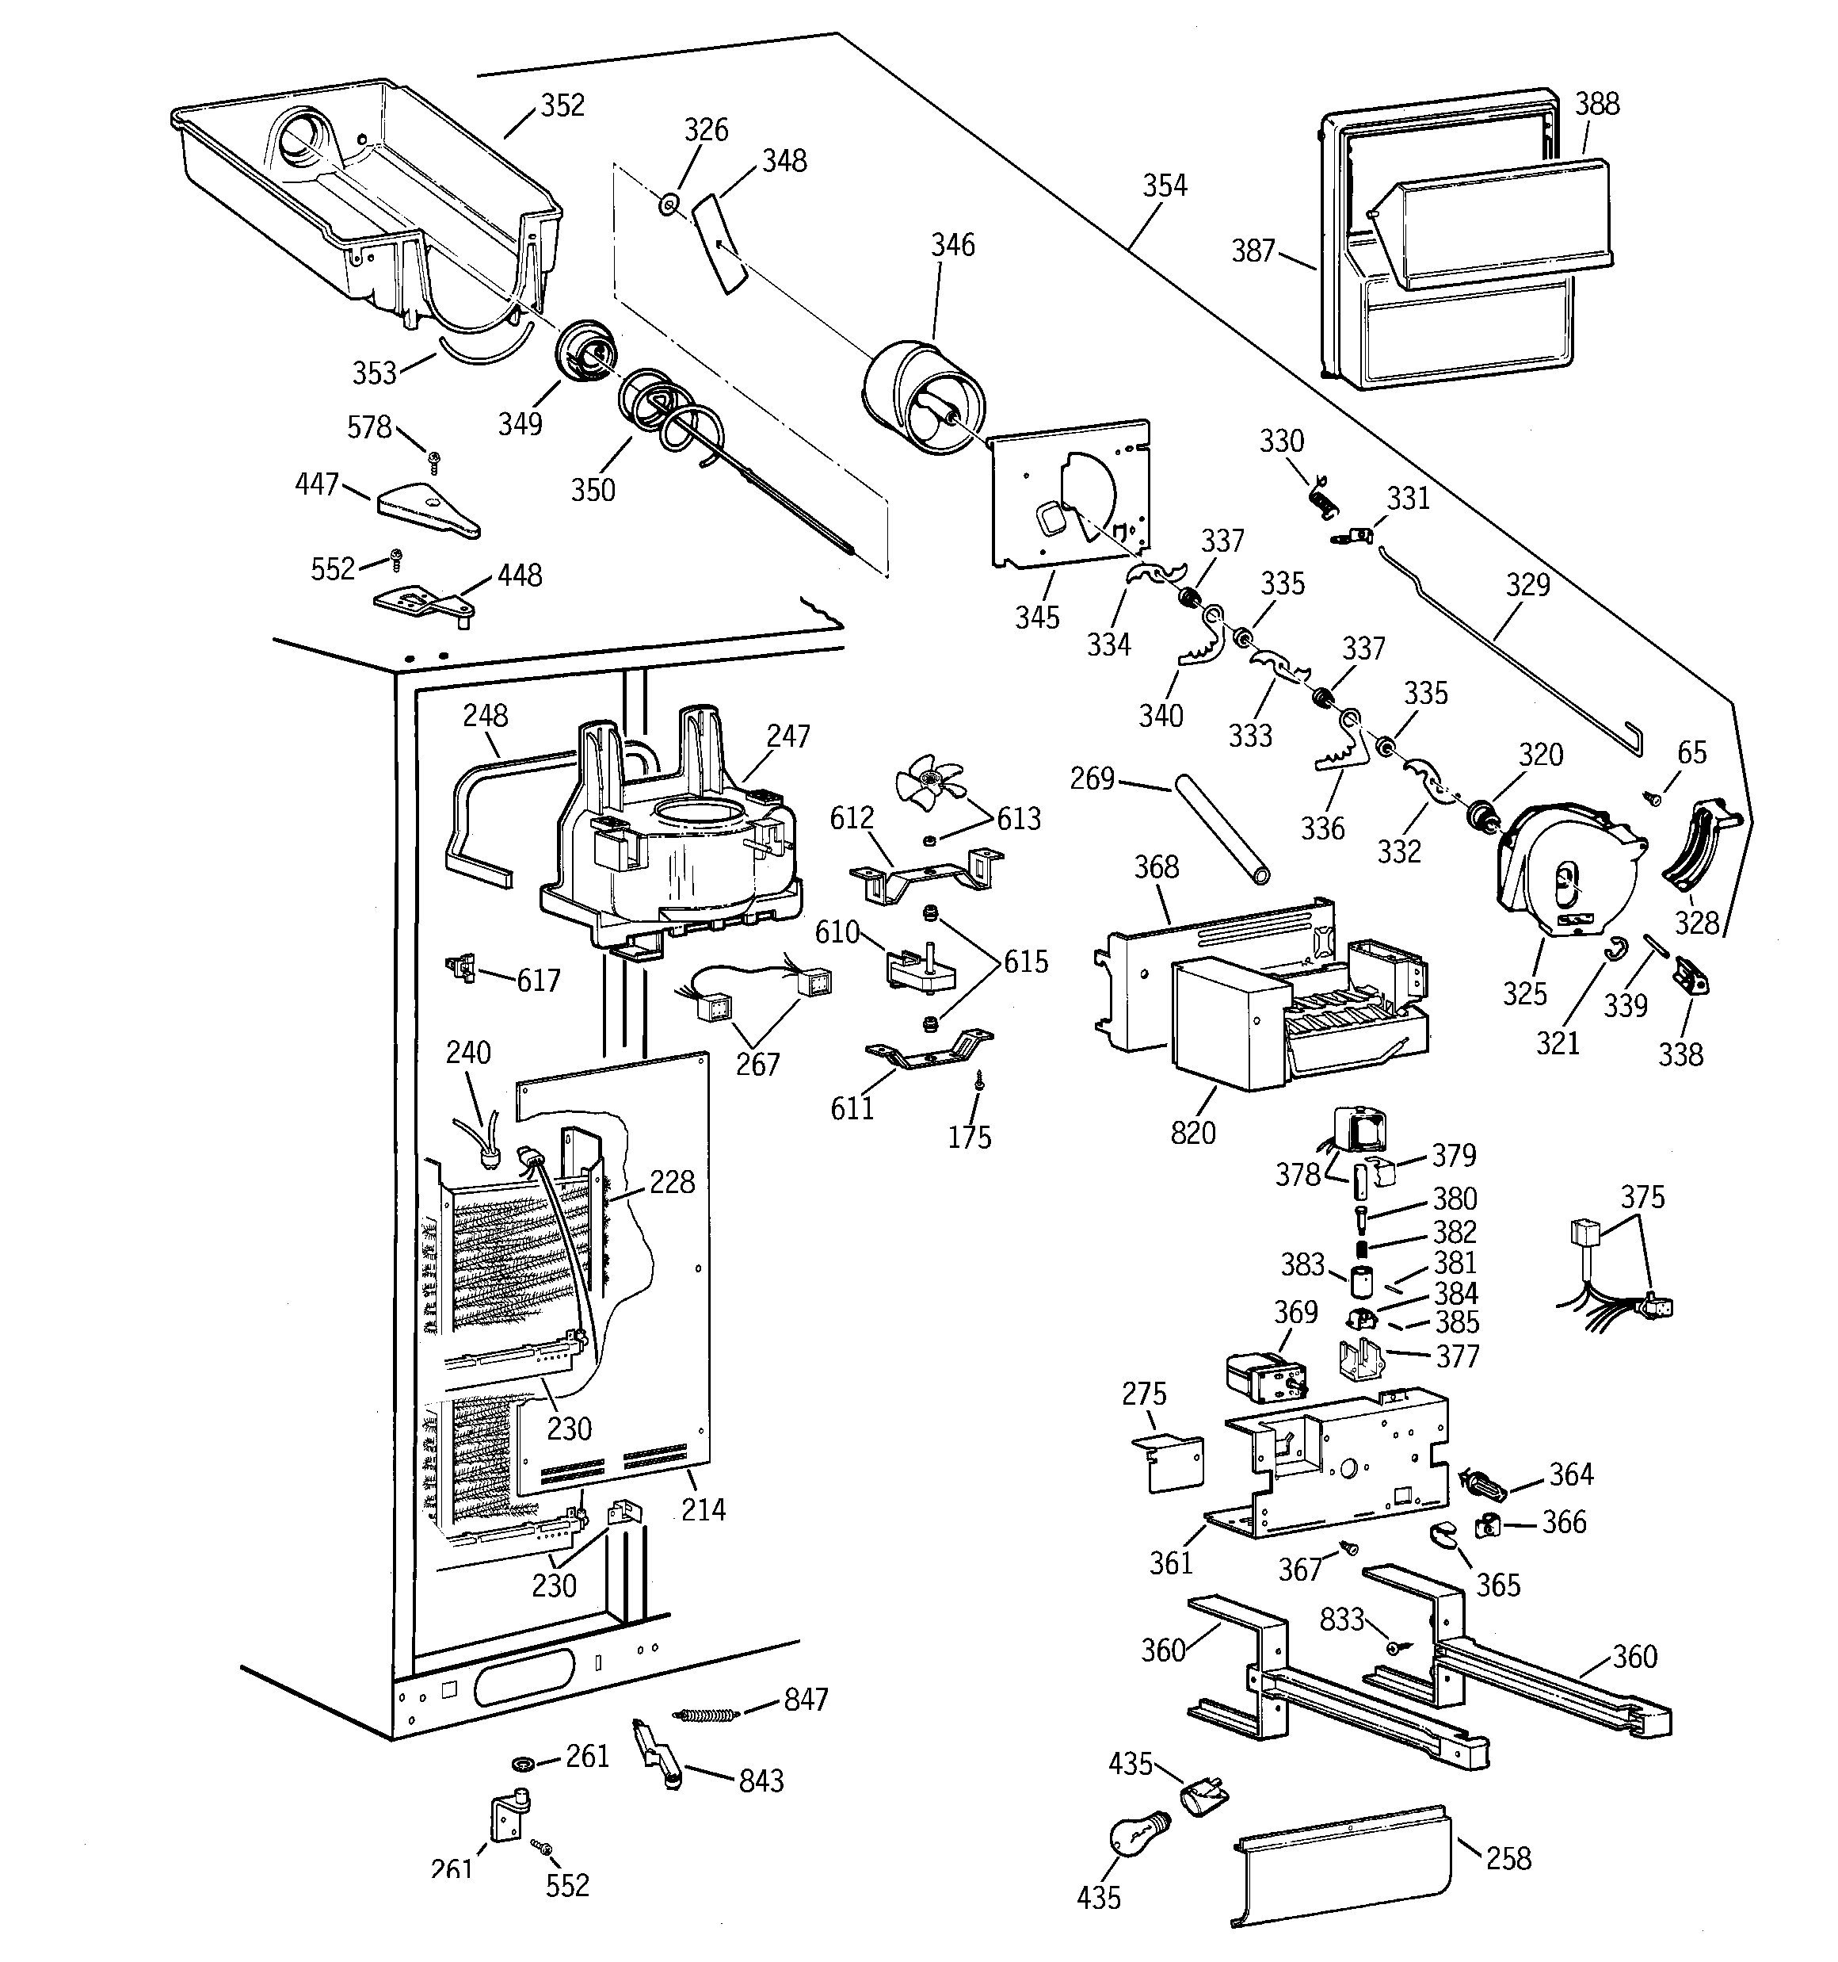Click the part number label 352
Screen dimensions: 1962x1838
click(562, 105)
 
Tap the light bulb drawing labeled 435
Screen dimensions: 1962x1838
click(1138, 1836)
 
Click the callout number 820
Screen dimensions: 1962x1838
click(1193, 1133)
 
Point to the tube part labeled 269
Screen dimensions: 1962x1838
click(1220, 829)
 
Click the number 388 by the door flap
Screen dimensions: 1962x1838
click(1596, 104)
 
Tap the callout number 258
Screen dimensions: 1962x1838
click(1508, 1858)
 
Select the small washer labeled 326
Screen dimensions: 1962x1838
click(669, 205)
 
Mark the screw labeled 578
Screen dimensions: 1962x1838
click(433, 459)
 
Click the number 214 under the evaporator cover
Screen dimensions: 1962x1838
click(703, 1509)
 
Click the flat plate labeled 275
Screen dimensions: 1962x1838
click(1170, 1463)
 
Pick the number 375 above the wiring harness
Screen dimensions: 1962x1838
click(1642, 1197)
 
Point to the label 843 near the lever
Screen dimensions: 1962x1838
click(761, 1780)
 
